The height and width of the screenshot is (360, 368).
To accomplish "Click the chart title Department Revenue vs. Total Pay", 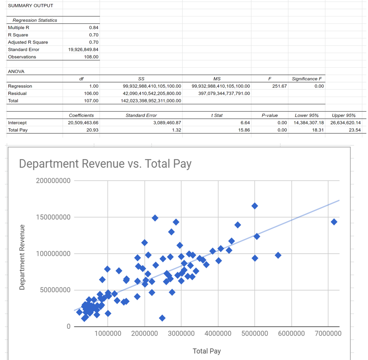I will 105,164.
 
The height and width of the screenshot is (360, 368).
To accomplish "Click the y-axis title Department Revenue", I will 23,257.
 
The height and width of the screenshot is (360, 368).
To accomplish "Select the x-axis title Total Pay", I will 207,351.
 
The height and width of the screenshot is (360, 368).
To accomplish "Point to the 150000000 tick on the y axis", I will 53,217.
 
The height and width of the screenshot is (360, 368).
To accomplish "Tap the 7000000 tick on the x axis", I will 328,333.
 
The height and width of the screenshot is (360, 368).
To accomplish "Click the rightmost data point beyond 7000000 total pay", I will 334,222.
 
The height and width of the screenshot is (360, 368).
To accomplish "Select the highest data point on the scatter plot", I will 255,206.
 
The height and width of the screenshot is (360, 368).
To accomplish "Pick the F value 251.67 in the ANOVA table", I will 279,86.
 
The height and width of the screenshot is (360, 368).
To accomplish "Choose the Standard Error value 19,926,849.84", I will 83,49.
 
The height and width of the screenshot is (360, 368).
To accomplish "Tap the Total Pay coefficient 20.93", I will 93,130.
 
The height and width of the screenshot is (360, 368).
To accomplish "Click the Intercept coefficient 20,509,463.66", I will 83,123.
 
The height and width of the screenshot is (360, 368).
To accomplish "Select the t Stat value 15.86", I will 245,130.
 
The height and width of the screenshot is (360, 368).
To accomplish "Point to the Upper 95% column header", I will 343,115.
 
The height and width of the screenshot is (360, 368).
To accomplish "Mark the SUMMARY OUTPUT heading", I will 30,6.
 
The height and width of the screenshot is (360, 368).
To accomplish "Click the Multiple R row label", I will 18,28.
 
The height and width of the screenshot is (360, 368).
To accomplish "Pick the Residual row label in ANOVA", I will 17,93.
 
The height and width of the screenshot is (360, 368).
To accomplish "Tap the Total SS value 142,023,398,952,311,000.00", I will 151,101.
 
